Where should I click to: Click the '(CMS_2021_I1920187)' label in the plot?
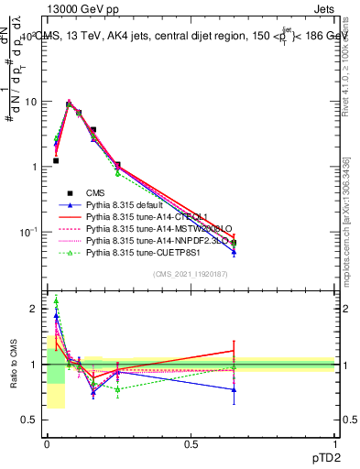(x=191, y=273)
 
